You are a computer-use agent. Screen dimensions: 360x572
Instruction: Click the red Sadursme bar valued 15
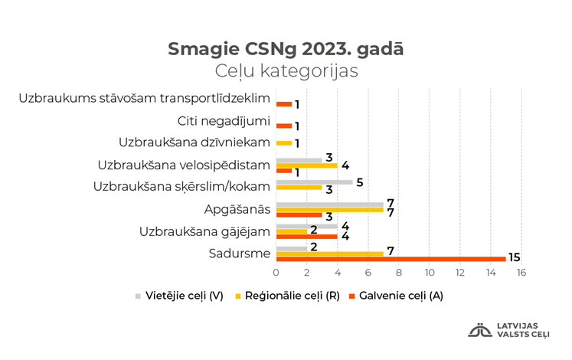pyautogui.click(x=391, y=259)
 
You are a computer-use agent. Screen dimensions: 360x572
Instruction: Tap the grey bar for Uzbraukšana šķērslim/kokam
pyautogui.click(x=314, y=182)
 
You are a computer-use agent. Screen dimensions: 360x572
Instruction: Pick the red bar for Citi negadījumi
pyautogui.click(x=283, y=126)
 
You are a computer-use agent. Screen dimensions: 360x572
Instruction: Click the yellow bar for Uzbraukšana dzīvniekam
pyautogui.click(x=283, y=143)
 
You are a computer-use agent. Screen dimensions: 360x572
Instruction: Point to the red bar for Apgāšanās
pyautogui.click(x=299, y=215)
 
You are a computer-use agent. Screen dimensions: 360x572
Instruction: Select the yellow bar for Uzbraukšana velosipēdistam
pyautogui.click(x=306, y=165)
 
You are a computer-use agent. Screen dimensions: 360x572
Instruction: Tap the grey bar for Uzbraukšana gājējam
pyautogui.click(x=306, y=226)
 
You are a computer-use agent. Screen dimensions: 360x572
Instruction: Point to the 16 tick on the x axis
pyautogui.click(x=521, y=272)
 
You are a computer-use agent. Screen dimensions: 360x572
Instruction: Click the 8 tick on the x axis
pyautogui.click(x=399, y=272)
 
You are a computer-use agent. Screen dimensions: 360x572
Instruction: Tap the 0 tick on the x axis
pyautogui.click(x=276, y=272)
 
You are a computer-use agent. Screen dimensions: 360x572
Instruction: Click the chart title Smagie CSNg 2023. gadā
pyautogui.click(x=286, y=48)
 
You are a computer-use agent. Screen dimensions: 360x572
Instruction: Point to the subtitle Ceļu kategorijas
pyautogui.click(x=286, y=71)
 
